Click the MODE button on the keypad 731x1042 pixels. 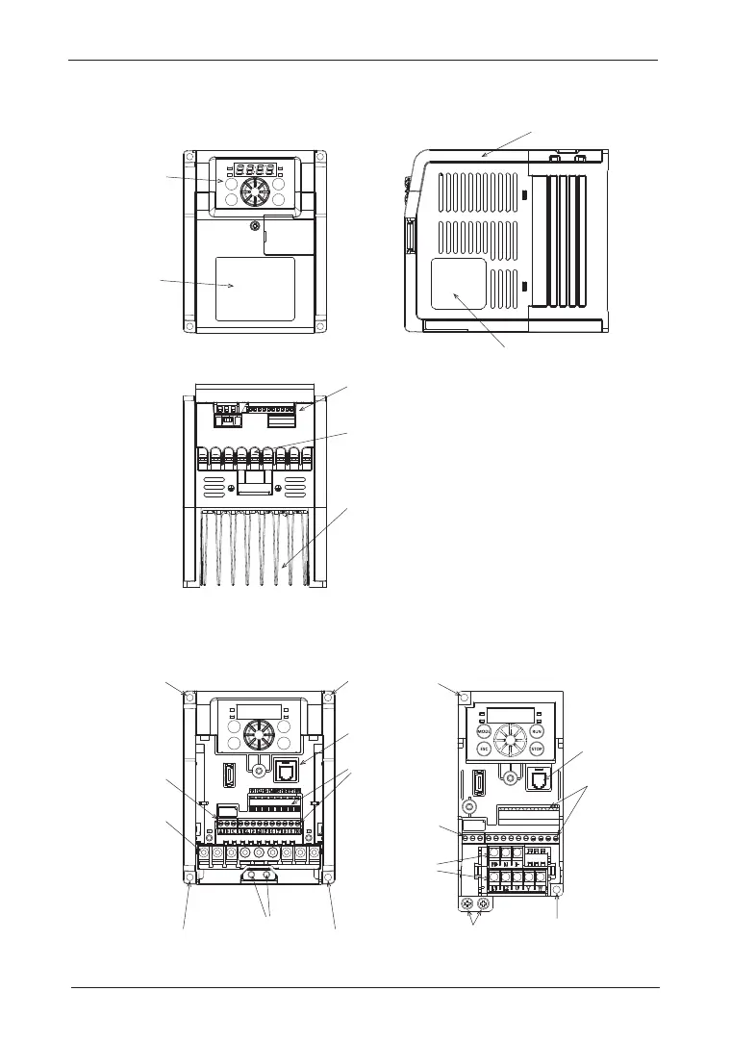pyautogui.click(x=485, y=731)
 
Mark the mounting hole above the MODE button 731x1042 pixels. pyautogui.click(x=465, y=699)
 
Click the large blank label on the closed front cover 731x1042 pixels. pyautogui.click(x=255, y=288)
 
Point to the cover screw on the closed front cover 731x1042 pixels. pyautogui.click(x=255, y=226)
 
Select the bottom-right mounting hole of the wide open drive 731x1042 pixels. pyautogui.click(x=329, y=877)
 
